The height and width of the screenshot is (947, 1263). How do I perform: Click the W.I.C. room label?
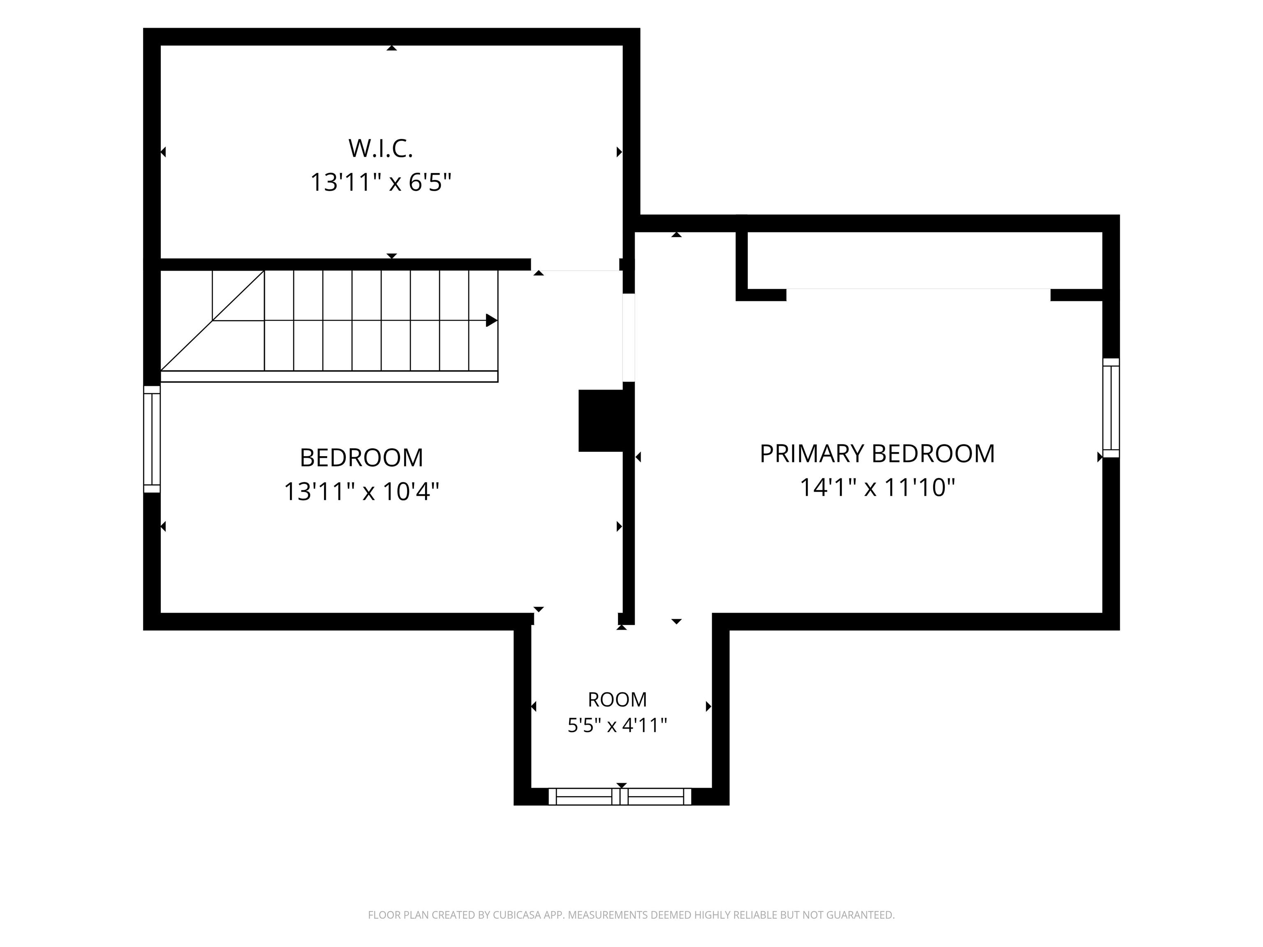click(x=380, y=148)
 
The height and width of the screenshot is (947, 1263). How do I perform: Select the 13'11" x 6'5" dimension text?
click(x=380, y=182)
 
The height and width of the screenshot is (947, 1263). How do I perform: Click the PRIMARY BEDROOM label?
click(x=877, y=454)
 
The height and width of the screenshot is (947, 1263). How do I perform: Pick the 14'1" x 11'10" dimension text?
click(x=877, y=487)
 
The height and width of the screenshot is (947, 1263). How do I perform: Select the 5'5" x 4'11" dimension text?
click(x=617, y=725)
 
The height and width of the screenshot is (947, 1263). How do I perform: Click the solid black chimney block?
click(x=601, y=421)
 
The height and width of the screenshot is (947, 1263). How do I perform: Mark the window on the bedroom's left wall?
click(x=152, y=439)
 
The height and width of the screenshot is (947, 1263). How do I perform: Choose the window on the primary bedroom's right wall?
click(x=1111, y=408)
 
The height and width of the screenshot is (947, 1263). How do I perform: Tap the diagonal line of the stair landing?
click(x=213, y=320)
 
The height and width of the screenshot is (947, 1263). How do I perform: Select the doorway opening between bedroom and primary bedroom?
click(x=628, y=337)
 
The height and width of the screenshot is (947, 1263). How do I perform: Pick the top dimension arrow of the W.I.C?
click(x=392, y=48)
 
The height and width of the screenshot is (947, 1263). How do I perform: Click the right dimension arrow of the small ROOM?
click(x=708, y=706)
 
